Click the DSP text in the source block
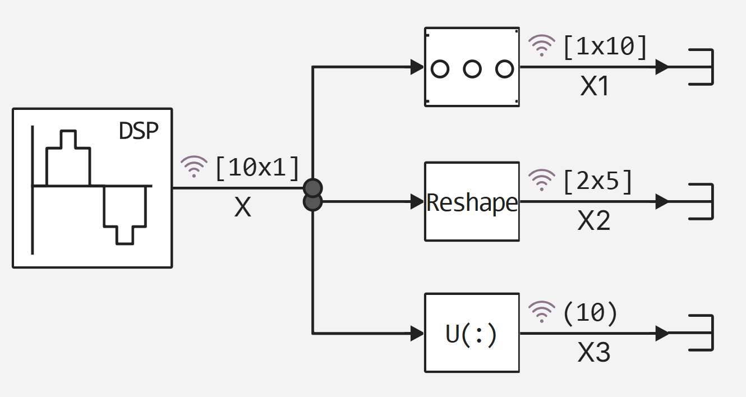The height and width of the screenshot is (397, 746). click(139, 131)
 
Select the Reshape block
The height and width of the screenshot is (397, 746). click(472, 202)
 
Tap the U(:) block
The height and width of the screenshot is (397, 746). click(472, 333)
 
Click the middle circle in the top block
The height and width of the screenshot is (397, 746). click(472, 69)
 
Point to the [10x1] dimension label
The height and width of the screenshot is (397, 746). click(257, 168)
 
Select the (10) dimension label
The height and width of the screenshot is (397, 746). click(590, 313)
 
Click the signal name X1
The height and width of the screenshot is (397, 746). click(595, 87)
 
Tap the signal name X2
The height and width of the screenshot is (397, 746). click(594, 221)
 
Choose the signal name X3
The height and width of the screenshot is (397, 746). click(594, 354)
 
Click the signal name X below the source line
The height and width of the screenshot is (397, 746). click(242, 208)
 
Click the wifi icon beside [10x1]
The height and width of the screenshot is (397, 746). click(194, 167)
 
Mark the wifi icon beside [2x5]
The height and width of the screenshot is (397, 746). click(541, 180)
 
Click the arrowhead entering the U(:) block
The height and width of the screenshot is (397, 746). click(417, 333)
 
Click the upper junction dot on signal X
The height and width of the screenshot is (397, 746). click(312, 187)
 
